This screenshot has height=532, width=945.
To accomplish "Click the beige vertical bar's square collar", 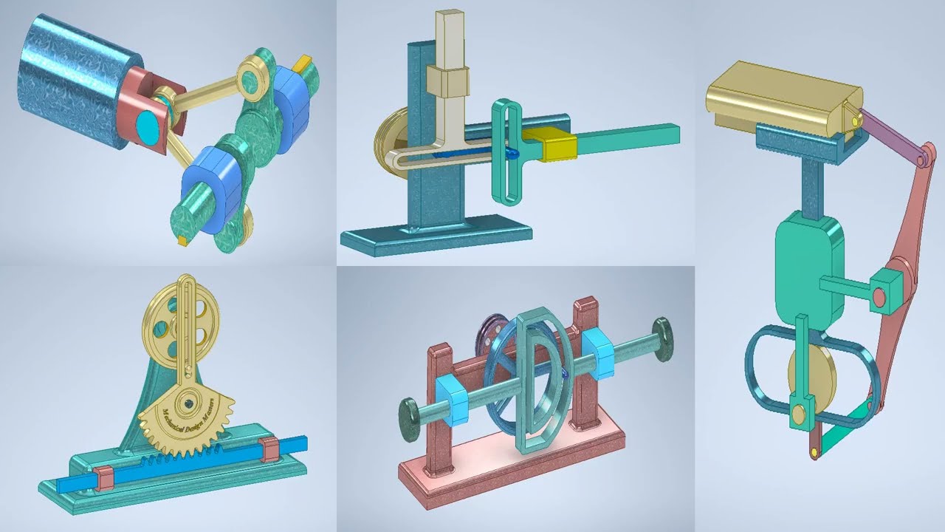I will point(447,81).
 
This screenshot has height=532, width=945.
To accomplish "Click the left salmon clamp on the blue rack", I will point(103,478).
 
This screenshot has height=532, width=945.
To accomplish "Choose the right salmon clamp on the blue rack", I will point(269,449).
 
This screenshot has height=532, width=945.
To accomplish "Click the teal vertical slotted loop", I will point(506,151).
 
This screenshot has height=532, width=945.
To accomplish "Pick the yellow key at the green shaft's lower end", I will point(182,241).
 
